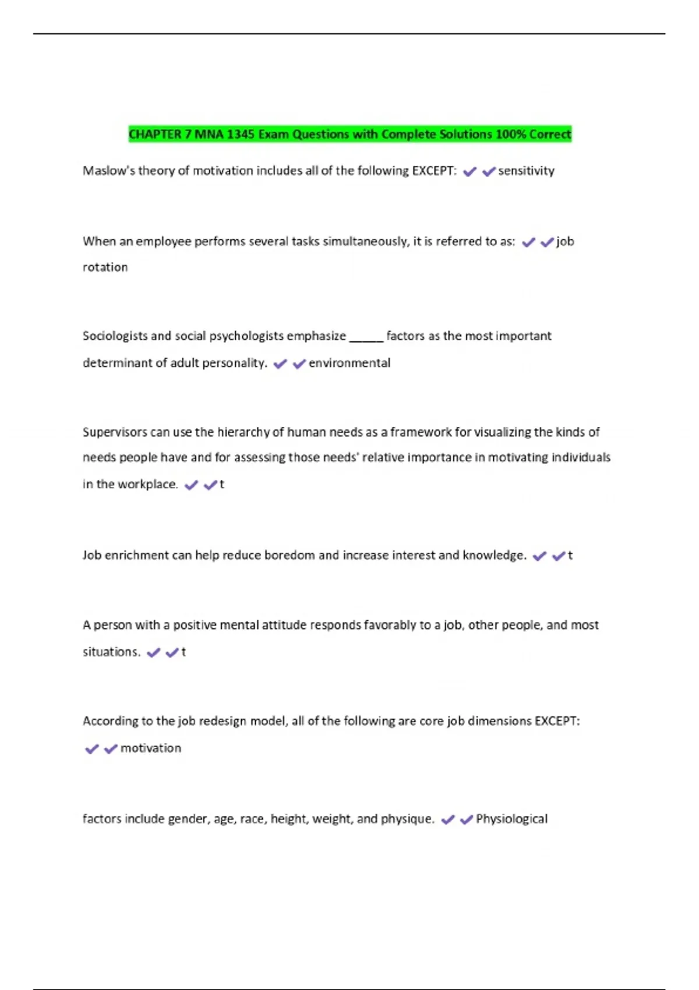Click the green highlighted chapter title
[x=349, y=135]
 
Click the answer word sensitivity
[x=526, y=171]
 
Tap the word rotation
[x=105, y=267]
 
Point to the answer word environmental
[x=349, y=363]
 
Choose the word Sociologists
[x=115, y=336]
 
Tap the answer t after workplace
[x=222, y=485]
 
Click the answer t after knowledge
[x=570, y=556]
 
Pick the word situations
[x=111, y=652]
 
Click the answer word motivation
[x=151, y=748]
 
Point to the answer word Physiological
[x=511, y=819]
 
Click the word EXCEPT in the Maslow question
[x=434, y=171]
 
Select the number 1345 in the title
[x=241, y=135]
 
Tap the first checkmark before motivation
[x=91, y=749]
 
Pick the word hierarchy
[x=243, y=432]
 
